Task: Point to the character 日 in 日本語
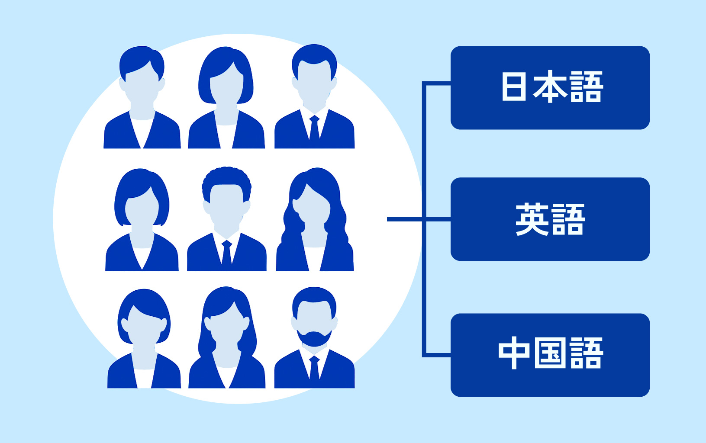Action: pyautogui.click(x=514, y=87)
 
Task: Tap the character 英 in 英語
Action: pyautogui.click(x=532, y=219)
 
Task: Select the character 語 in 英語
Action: pyautogui.click(x=568, y=219)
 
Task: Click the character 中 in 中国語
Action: pyautogui.click(x=514, y=353)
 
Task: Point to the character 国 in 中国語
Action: pyautogui.click(x=550, y=353)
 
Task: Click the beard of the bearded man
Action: pyautogui.click(x=314, y=338)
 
